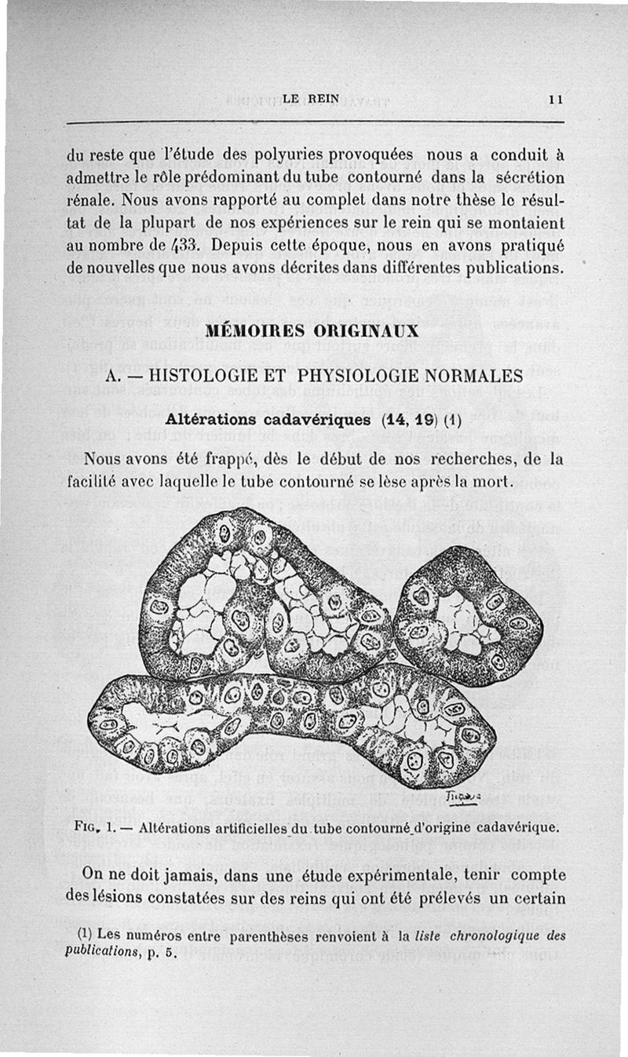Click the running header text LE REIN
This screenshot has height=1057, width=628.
(310, 99)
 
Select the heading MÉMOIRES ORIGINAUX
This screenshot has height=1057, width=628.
(312, 333)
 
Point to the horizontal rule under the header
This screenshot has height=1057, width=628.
(314, 122)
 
